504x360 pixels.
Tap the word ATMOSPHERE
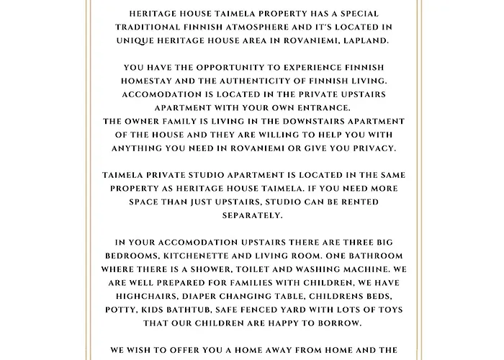coord(255,27)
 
